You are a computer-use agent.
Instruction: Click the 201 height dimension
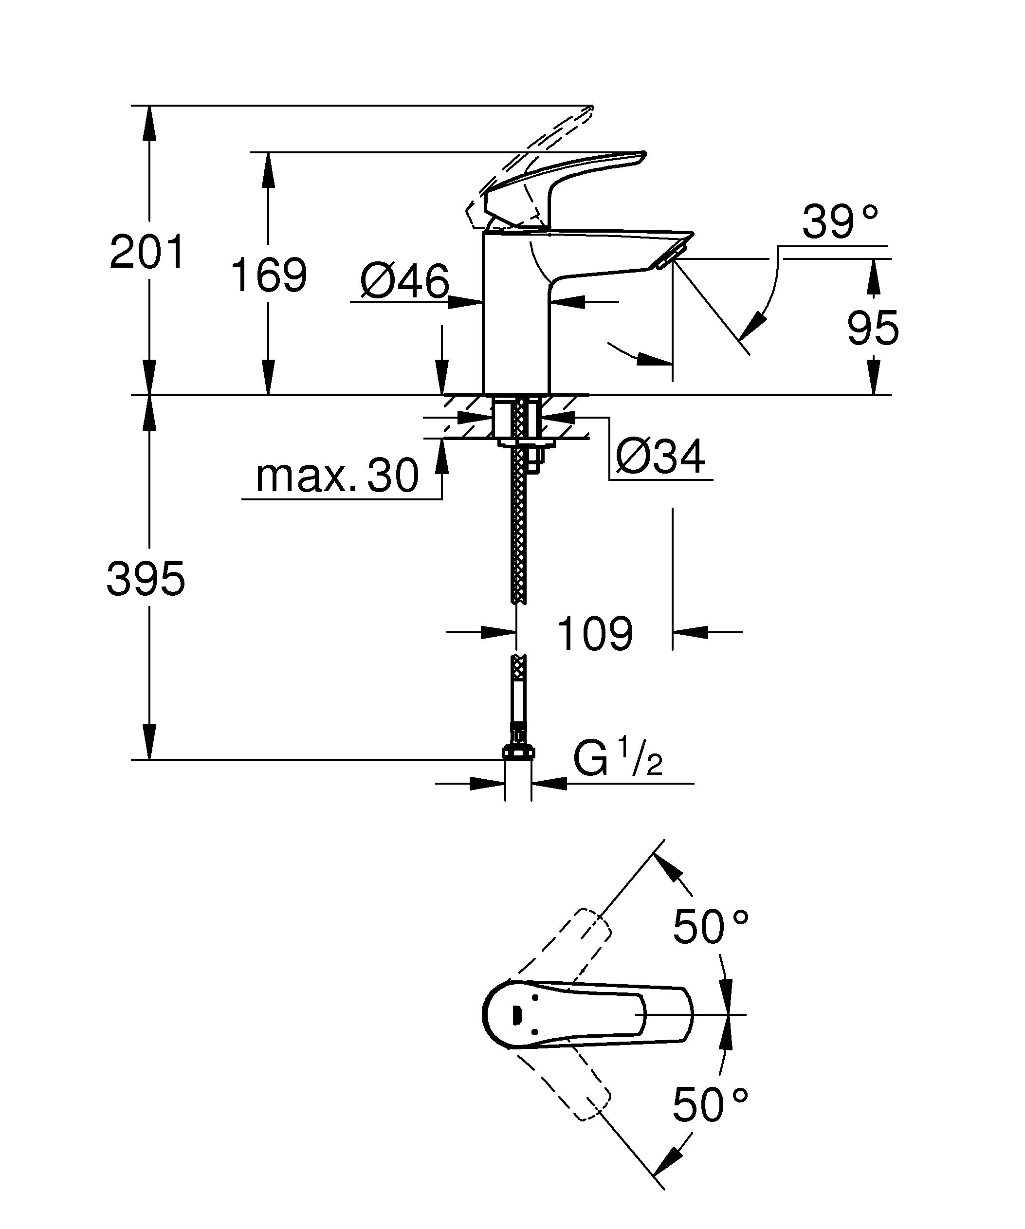(x=147, y=252)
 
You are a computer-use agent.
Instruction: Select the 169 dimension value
(x=269, y=275)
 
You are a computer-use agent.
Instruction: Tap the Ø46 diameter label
(x=405, y=281)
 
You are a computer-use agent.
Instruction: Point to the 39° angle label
(x=840, y=222)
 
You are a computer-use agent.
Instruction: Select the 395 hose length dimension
(x=146, y=578)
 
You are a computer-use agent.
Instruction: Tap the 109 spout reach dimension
(x=594, y=633)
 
